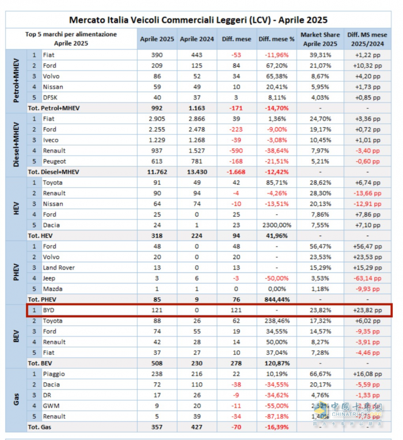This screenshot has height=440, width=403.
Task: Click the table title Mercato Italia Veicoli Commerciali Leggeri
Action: point(199,20)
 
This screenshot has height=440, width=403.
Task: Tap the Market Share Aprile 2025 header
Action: point(319,39)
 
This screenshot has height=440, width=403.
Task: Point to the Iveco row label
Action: point(52,140)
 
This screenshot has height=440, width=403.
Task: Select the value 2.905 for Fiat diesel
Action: point(156,119)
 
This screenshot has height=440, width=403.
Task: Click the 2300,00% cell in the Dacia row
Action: point(273,225)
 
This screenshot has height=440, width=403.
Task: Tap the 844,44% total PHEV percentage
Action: point(273,299)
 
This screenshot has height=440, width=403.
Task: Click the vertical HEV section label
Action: point(16,208)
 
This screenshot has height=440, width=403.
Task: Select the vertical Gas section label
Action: point(16,400)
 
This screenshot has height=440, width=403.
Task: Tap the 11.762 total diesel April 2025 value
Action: point(156,172)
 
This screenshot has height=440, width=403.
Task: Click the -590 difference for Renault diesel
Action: point(233,150)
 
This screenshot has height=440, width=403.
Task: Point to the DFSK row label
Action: point(51,97)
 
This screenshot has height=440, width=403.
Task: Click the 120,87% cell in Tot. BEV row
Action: point(273,363)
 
